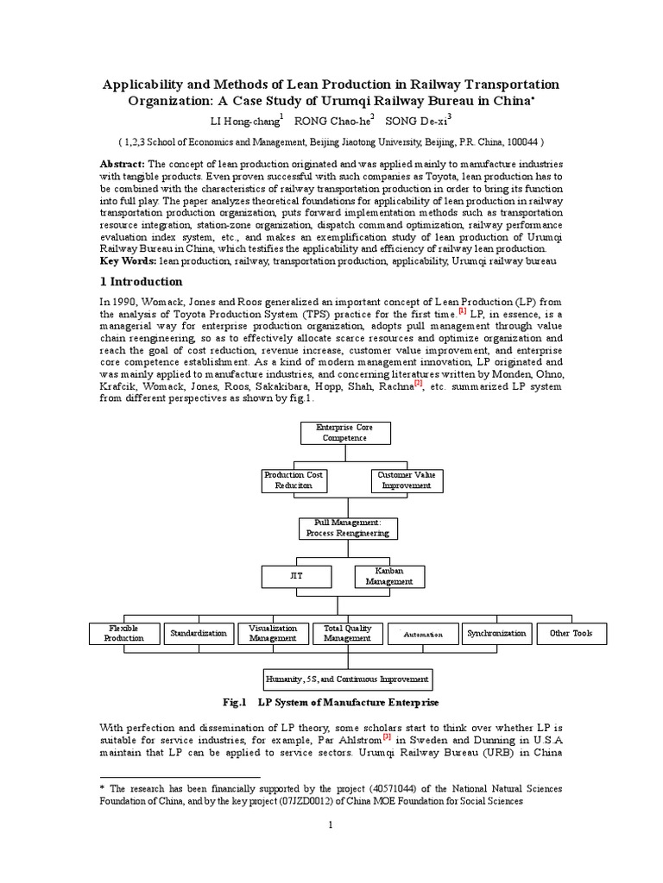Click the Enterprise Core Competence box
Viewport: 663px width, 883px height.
[344, 432]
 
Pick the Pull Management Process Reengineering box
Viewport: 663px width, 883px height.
[347, 528]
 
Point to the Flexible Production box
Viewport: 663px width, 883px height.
[126, 634]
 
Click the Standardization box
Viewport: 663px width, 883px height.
[199, 634]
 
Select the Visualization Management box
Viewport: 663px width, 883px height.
[273, 634]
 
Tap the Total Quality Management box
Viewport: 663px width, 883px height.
[347, 634]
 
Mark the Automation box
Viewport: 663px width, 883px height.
[423, 634]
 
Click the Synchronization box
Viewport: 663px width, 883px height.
[496, 634]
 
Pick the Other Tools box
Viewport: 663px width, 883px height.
[571, 634]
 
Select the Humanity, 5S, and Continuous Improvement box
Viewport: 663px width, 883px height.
[347, 679]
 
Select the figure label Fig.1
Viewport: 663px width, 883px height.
[236, 703]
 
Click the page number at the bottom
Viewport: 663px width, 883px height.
[331, 825]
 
